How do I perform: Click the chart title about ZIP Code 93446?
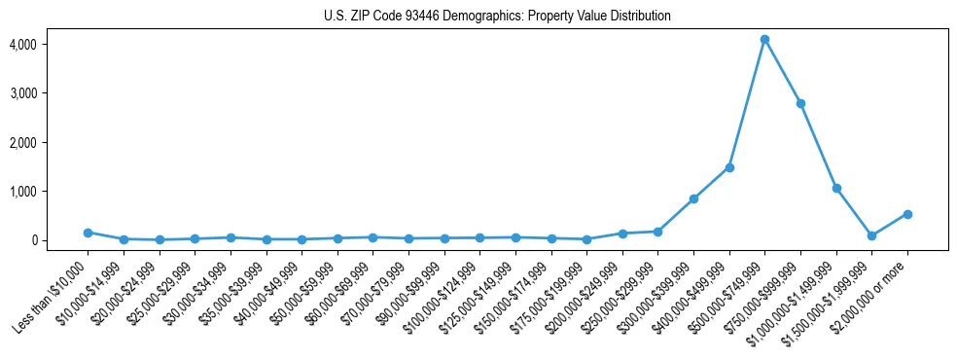tap(497, 17)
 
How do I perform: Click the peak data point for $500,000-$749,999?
tap(765, 39)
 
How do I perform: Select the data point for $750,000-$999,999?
tap(800, 103)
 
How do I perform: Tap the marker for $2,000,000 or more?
tap(907, 214)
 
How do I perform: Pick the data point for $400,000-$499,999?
tap(729, 167)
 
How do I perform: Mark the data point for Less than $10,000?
tap(88, 233)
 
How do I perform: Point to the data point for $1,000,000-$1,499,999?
tap(836, 188)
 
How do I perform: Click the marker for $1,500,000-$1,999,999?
tap(872, 235)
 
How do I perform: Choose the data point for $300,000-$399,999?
tap(693, 198)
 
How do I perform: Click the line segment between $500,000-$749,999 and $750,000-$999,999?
tap(783, 71)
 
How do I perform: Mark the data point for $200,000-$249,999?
tap(622, 234)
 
